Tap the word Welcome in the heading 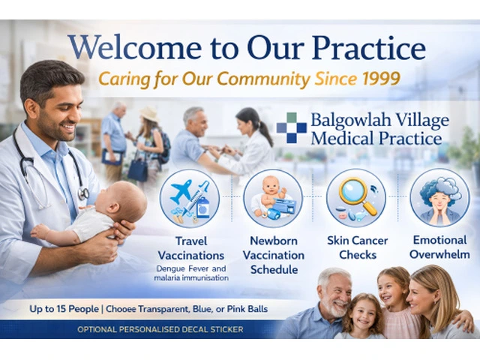click(135, 48)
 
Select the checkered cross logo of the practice click(292, 128)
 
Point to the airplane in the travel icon click(181, 190)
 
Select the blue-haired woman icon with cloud click(440, 199)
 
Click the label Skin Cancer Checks click(358, 247)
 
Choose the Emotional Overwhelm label click(440, 247)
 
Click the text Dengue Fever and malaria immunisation click(191, 273)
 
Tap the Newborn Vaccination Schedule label click(274, 255)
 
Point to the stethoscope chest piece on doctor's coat click(83, 193)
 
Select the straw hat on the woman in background click(149, 114)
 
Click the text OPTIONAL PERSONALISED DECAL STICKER click(160, 329)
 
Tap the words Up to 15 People click(64, 309)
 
